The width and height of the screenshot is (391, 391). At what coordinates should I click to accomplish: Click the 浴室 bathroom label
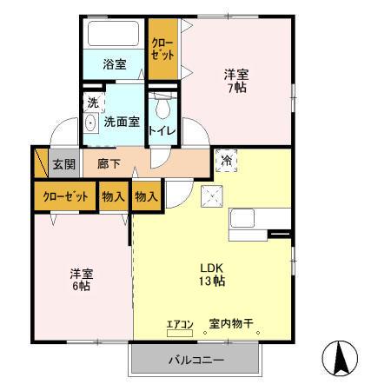tap(114, 63)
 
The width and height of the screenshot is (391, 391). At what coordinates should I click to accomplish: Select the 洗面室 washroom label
tap(122, 122)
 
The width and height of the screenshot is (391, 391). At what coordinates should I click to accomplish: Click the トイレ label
tap(162, 131)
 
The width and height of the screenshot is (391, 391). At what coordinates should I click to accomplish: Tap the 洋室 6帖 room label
tap(82, 281)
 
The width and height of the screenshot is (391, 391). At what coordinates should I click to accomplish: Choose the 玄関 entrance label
tap(63, 163)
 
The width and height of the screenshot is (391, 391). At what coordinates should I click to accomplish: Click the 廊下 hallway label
tap(109, 163)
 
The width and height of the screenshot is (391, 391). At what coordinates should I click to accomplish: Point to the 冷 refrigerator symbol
tap(226, 161)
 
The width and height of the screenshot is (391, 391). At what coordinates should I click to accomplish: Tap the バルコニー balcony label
tap(195, 360)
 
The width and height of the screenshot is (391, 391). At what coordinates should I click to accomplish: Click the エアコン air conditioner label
tap(179, 325)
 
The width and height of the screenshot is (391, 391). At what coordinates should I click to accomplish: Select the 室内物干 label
tap(230, 325)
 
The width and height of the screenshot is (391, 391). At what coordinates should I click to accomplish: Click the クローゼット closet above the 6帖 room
tap(64, 196)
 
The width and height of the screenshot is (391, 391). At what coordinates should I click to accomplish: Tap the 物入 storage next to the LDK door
tap(146, 196)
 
